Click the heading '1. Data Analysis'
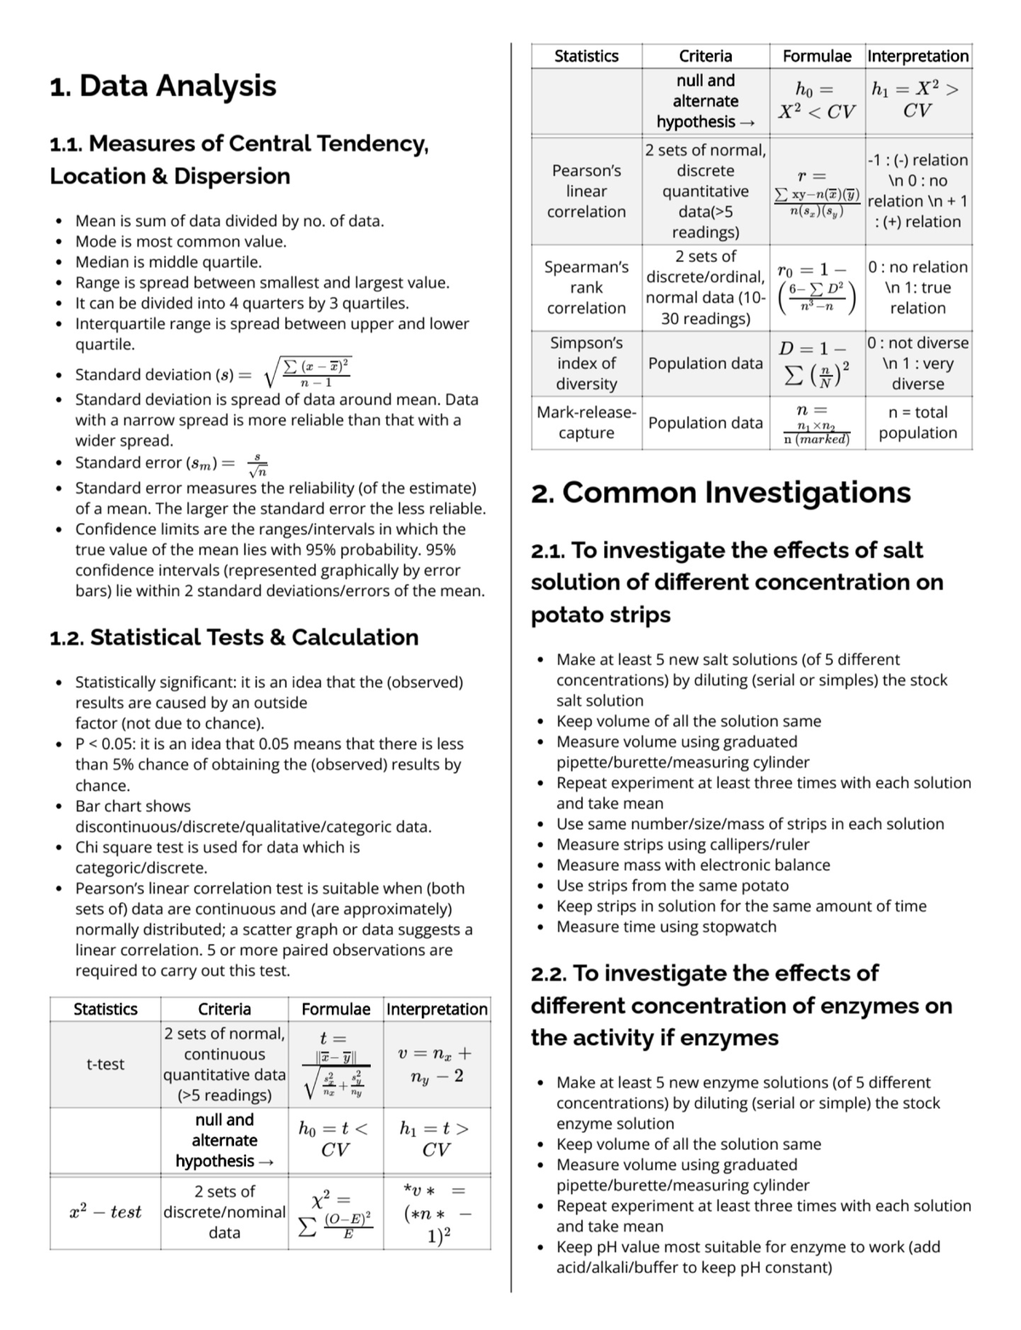(x=163, y=86)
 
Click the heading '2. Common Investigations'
(x=720, y=492)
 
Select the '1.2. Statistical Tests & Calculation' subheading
(x=234, y=637)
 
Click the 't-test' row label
(x=106, y=1064)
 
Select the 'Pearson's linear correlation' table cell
(x=586, y=190)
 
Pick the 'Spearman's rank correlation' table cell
(x=586, y=287)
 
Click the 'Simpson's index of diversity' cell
(x=586, y=363)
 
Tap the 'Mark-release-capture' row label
(x=586, y=423)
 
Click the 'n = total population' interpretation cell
(x=917, y=423)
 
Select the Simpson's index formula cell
(x=817, y=363)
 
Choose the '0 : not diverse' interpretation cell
(x=917, y=363)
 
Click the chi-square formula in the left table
(x=335, y=1212)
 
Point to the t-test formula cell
(x=335, y=1064)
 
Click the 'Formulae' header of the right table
(x=817, y=56)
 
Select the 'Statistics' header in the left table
(x=106, y=1009)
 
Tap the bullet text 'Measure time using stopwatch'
(x=666, y=927)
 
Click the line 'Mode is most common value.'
(x=181, y=242)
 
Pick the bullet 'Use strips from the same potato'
(x=672, y=885)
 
